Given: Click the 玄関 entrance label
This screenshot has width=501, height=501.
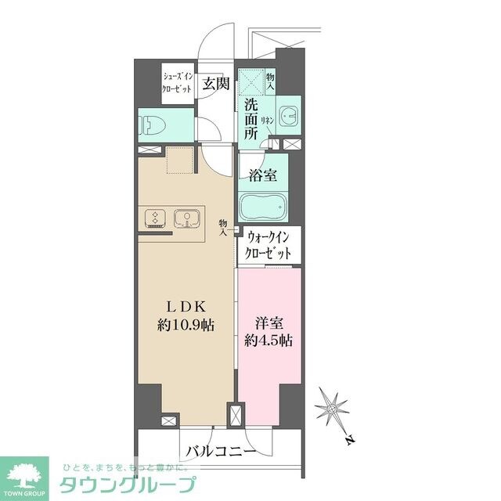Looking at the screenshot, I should (x=215, y=84).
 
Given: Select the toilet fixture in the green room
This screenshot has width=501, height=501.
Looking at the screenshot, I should (x=150, y=124).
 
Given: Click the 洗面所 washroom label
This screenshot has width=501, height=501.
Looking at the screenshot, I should (x=250, y=118).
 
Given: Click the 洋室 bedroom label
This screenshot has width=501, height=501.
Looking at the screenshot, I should (x=269, y=323).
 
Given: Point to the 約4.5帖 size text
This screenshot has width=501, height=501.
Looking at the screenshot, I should (x=269, y=341).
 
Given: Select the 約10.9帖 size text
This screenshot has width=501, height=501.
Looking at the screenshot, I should (x=185, y=323).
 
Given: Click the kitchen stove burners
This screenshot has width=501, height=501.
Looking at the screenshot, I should (x=155, y=218).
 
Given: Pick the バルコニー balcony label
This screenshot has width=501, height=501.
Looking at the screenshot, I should (x=220, y=451).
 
